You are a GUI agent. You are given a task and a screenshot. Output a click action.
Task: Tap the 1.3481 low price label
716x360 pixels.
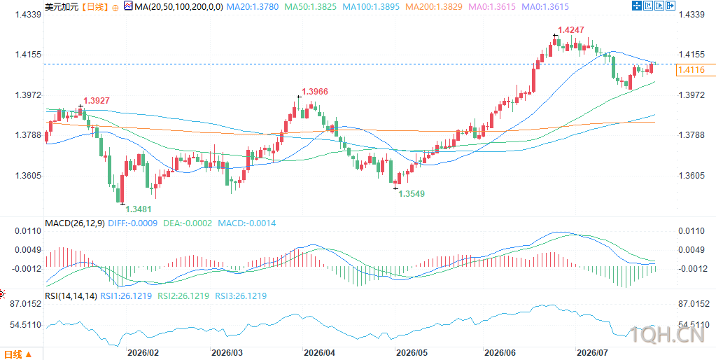point(139,209)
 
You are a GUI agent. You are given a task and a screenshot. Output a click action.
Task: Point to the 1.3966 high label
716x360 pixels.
point(315,92)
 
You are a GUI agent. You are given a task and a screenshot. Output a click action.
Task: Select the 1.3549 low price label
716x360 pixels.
point(412,194)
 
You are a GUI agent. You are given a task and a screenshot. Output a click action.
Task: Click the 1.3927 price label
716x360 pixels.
point(96,101)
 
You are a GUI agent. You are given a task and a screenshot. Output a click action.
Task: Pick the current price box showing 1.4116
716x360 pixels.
point(692,70)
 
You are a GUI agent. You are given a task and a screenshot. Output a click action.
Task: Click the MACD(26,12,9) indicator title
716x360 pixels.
point(76,223)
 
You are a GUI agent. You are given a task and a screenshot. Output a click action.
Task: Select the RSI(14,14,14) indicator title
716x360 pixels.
point(71,296)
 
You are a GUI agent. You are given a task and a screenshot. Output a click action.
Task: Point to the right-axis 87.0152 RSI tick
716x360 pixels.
point(694,304)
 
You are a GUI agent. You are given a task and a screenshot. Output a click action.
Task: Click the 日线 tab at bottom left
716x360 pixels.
point(18,354)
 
